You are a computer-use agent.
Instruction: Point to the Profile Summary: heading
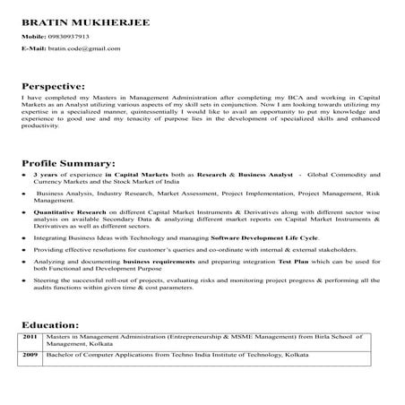pyautogui.click(x=68, y=164)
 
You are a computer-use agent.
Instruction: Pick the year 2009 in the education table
pyautogui.click(x=31, y=356)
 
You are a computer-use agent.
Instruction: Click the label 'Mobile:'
pyautogui.click(x=34, y=36)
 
